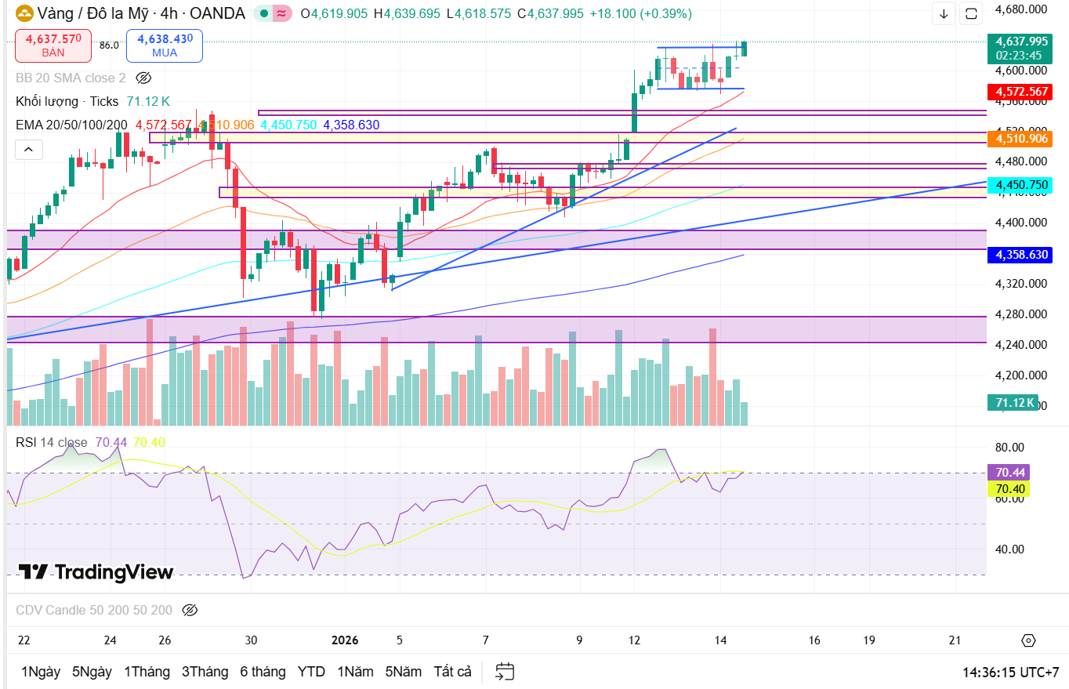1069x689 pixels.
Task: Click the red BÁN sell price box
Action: pyautogui.click(x=53, y=45)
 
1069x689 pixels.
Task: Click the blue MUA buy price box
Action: pyautogui.click(x=165, y=45)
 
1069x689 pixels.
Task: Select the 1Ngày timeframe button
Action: pyautogui.click(x=41, y=672)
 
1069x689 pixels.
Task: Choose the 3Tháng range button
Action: pyautogui.click(x=205, y=672)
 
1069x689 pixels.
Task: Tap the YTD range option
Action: pyautogui.click(x=311, y=672)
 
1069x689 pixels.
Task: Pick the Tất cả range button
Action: pyautogui.click(x=452, y=672)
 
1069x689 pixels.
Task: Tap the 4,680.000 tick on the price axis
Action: pyautogui.click(x=1020, y=9)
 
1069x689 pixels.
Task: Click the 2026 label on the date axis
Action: pyautogui.click(x=345, y=640)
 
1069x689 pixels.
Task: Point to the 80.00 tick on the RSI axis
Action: pyautogui.click(x=1009, y=448)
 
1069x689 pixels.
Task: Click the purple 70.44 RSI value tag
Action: pyautogui.click(x=1010, y=473)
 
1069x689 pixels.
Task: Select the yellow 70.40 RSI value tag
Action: pyautogui.click(x=1010, y=489)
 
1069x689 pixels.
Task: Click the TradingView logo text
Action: pyautogui.click(x=96, y=572)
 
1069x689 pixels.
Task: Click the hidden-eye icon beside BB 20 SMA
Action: pyautogui.click(x=143, y=78)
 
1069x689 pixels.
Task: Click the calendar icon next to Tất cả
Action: pyautogui.click(x=505, y=672)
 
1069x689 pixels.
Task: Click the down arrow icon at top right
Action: pyautogui.click(x=944, y=13)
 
